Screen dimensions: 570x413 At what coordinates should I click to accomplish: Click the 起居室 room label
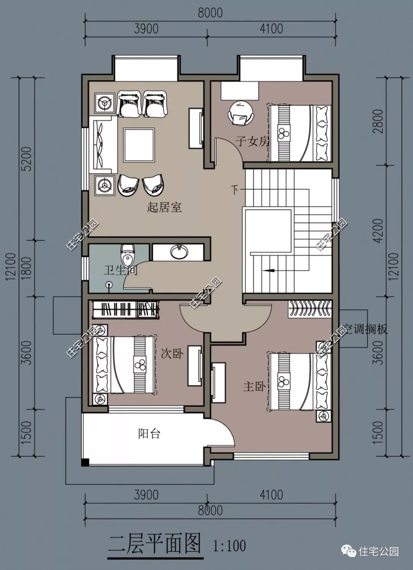164,208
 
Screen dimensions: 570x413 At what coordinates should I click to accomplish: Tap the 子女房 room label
252,142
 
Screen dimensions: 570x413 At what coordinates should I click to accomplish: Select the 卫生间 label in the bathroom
120,270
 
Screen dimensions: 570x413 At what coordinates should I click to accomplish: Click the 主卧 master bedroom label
254,386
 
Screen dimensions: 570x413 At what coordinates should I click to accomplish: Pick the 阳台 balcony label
149,434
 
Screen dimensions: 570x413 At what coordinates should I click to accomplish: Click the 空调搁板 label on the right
365,329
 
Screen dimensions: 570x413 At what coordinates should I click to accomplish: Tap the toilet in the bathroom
127,253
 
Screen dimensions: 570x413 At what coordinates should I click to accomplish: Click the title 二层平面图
154,544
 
